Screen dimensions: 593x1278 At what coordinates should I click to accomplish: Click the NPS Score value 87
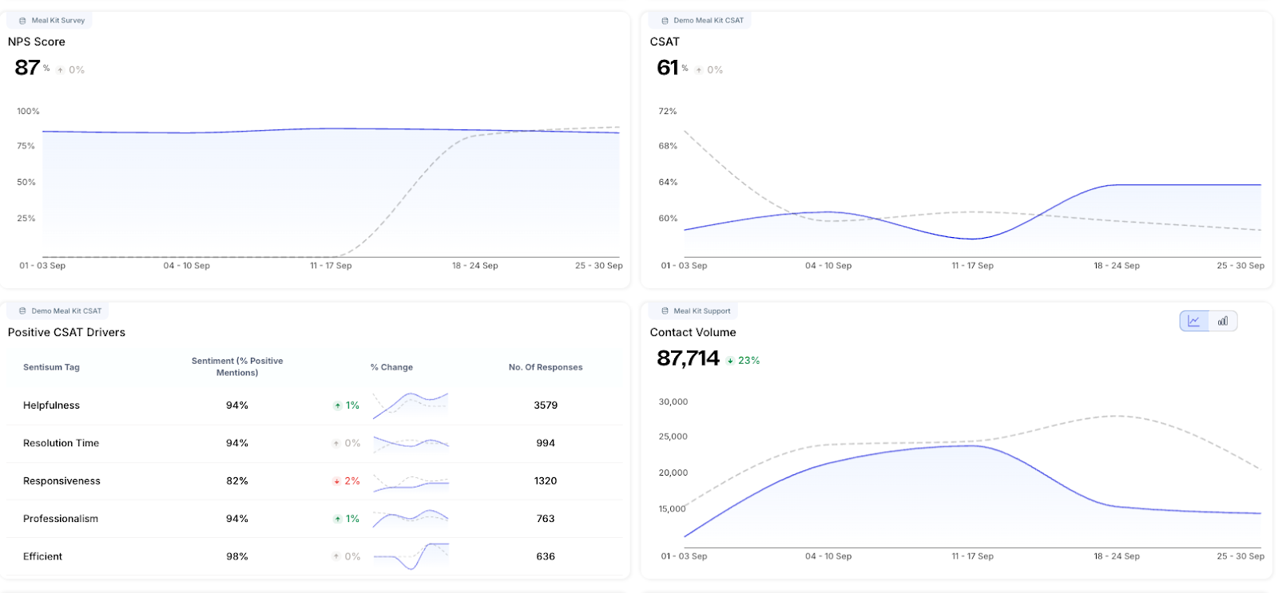point(27,68)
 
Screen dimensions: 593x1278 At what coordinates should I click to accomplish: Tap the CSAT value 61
point(668,68)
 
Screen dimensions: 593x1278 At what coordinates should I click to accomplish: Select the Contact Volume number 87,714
point(688,358)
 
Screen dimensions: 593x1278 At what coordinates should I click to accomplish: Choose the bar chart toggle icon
point(1223,321)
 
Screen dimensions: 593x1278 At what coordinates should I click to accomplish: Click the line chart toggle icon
point(1194,321)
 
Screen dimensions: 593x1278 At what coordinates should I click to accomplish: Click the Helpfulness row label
point(51,405)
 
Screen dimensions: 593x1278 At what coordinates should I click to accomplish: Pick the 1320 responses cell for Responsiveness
point(546,481)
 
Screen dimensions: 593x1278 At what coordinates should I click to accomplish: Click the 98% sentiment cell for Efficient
point(237,557)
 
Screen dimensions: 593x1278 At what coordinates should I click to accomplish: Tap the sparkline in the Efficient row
point(411,555)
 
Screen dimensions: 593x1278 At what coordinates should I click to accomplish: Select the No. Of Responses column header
point(546,367)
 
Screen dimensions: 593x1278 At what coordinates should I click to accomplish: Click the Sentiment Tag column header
point(51,367)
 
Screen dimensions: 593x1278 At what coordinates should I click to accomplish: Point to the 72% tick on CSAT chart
point(668,112)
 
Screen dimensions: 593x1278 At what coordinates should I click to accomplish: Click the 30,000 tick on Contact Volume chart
point(673,402)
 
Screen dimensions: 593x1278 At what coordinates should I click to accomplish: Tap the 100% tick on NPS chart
point(28,112)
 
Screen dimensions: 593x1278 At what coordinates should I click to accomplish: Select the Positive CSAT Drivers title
point(66,333)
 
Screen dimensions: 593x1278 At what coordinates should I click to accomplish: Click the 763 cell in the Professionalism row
point(546,519)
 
